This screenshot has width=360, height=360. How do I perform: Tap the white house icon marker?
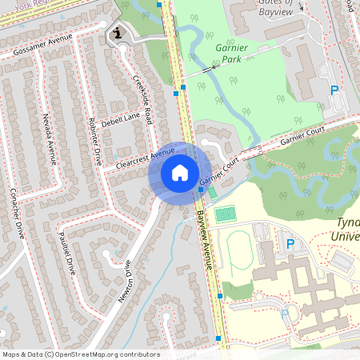pos(179,173)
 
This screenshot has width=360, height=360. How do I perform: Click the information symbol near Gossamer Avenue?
pos(118,33)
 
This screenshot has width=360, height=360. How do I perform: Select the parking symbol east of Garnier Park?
pos(334,90)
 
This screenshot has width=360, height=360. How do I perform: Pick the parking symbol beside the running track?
pos(290,244)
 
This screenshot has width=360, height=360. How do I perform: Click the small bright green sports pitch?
pos(226,214)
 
